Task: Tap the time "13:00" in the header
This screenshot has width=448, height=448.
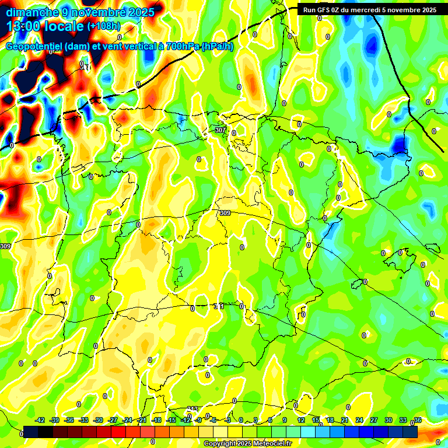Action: point(25,26)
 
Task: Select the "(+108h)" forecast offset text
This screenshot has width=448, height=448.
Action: point(103,26)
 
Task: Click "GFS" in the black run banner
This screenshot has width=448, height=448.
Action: point(327,10)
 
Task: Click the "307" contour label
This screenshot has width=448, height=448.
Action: point(220,129)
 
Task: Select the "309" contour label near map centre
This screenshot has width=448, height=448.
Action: point(225,213)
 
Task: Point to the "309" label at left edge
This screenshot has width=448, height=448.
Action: point(5,247)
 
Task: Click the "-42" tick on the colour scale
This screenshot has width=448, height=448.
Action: point(40,420)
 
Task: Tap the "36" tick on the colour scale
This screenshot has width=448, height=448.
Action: point(418,420)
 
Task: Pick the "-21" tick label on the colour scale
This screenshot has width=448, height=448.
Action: point(142,420)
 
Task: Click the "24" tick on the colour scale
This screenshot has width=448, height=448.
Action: point(359,420)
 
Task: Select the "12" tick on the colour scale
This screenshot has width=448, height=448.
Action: point(301,420)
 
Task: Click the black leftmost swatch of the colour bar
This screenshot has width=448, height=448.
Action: point(31,432)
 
